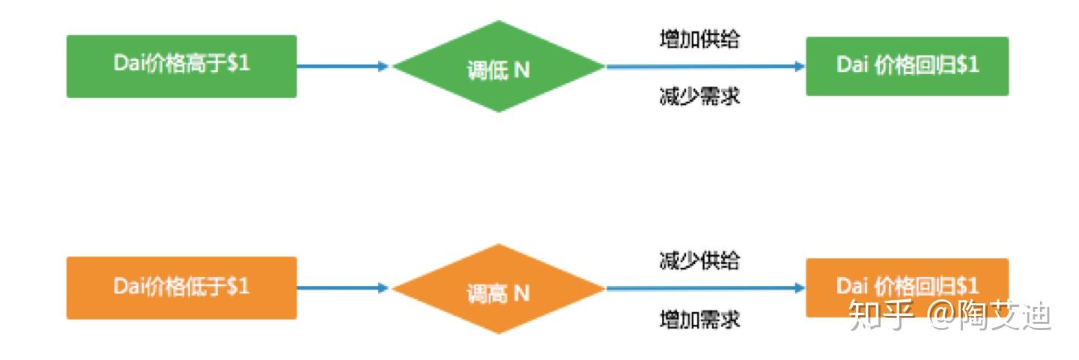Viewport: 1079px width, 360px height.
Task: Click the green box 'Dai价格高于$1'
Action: tap(182, 67)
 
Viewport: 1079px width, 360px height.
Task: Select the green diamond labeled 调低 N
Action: tap(499, 67)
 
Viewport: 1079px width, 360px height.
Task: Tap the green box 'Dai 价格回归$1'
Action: tap(907, 66)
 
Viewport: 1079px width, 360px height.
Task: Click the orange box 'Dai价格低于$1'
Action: tap(182, 288)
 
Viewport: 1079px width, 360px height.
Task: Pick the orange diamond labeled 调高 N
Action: tap(499, 288)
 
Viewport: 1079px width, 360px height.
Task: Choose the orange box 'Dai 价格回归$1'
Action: tap(907, 287)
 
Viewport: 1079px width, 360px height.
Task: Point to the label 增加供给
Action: tap(699, 39)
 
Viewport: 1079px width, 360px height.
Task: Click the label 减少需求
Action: tap(699, 96)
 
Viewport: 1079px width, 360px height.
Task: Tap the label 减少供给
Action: tap(699, 260)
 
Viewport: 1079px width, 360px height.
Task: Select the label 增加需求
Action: tap(699, 319)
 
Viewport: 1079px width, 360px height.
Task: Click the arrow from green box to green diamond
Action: tap(342, 67)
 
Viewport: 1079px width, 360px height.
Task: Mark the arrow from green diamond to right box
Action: tap(705, 67)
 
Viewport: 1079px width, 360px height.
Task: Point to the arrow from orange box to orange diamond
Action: tap(342, 288)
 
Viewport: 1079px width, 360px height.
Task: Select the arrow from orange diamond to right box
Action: tap(705, 288)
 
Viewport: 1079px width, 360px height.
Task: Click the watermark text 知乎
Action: tap(881, 315)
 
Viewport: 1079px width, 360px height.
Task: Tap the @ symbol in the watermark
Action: tap(942, 315)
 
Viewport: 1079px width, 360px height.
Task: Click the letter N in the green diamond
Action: tap(522, 70)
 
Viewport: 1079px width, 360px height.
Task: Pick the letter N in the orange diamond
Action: tap(522, 293)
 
